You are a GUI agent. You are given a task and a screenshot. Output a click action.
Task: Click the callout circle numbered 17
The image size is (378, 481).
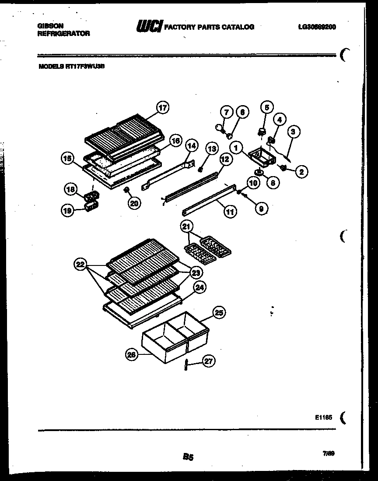click(x=162, y=108)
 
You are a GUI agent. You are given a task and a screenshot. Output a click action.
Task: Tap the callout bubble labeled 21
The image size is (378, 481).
click(x=187, y=226)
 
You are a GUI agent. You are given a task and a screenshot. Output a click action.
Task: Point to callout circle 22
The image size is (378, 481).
click(x=80, y=265)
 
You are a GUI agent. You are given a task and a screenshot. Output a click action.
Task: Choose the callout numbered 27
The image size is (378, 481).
click(x=210, y=361)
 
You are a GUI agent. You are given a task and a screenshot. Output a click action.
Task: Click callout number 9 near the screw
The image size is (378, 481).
click(x=261, y=209)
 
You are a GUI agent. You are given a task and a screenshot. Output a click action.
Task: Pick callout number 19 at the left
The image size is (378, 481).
click(x=67, y=210)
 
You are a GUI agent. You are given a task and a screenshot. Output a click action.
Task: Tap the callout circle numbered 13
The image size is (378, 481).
click(x=212, y=149)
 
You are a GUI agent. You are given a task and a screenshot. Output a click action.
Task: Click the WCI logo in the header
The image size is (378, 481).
click(x=149, y=27)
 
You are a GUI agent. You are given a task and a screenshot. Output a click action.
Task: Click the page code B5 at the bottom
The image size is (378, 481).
click(x=188, y=457)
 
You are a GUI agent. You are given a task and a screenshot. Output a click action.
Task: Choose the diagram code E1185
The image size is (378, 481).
click(x=323, y=417)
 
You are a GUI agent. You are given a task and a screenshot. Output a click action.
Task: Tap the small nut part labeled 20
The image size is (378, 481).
click(x=126, y=189)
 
